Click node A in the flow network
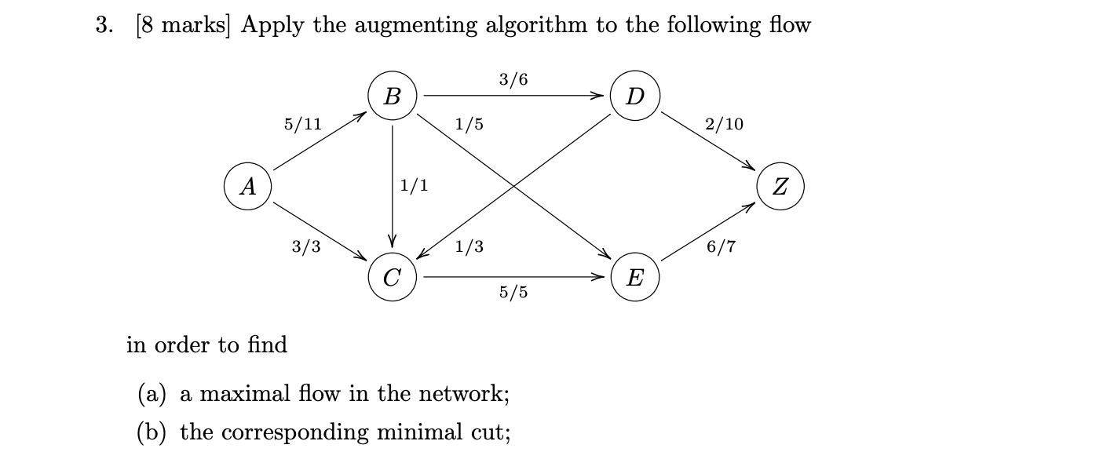click(248, 187)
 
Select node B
click(393, 97)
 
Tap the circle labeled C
click(393, 277)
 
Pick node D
click(635, 97)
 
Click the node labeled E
click(635, 277)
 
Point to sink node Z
click(780, 187)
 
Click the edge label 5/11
click(303, 124)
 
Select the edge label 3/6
click(513, 79)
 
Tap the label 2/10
click(724, 124)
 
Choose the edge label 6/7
click(721, 247)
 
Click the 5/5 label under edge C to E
click(513, 293)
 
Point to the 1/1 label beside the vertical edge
click(414, 186)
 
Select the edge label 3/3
click(306, 247)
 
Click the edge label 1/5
click(469, 124)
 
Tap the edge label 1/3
click(469, 247)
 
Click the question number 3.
click(103, 25)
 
